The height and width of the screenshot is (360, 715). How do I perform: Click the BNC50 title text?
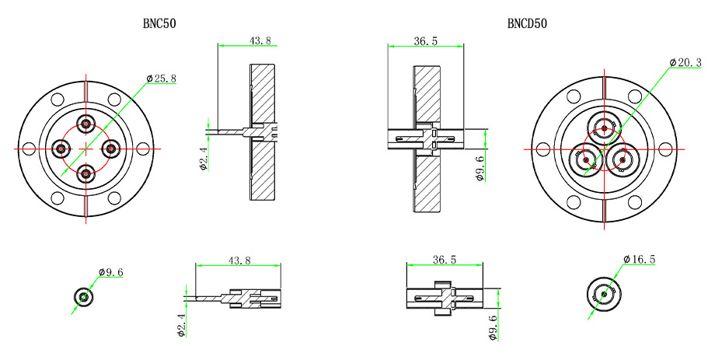coord(159,23)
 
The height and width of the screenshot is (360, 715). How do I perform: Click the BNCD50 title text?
coord(527,23)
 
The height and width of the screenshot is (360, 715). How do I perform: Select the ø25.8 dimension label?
coord(162,79)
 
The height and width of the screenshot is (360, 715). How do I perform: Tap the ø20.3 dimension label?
coord(685,62)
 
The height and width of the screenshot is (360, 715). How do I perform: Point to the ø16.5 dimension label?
coord(640,259)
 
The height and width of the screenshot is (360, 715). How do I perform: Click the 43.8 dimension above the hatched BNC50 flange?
coord(260,40)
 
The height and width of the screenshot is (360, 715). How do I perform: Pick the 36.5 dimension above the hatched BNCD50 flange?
coord(425,40)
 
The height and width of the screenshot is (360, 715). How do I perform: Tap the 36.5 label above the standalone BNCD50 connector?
coord(445,260)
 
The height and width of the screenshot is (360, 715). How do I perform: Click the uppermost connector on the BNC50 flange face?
coord(85,123)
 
